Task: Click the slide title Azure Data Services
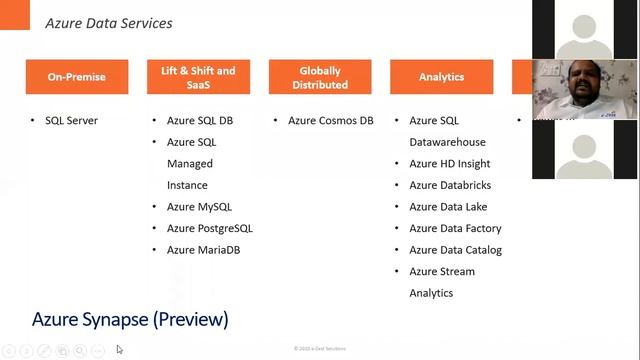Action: pyautogui.click(x=109, y=23)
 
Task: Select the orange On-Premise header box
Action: pyautogui.click(x=76, y=77)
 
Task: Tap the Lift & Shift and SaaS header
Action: pyautogui.click(x=198, y=77)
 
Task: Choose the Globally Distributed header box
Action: pyautogui.click(x=320, y=77)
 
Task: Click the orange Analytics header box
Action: pyautogui.click(x=441, y=77)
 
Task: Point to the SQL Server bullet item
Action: pyautogui.click(x=71, y=121)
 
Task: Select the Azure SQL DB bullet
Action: pyautogui.click(x=200, y=121)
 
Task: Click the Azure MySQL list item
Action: pyautogui.click(x=199, y=207)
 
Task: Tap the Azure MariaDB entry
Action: pyautogui.click(x=203, y=250)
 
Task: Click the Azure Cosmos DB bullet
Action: pyautogui.click(x=330, y=121)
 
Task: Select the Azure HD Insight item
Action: pyautogui.click(x=449, y=164)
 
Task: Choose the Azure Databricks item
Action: pyautogui.click(x=450, y=185)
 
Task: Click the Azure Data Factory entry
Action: pyautogui.click(x=455, y=228)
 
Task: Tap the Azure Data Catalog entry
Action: pyautogui.click(x=455, y=250)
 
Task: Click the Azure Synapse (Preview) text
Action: pyautogui.click(x=130, y=320)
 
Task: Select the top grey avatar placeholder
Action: pyautogui.click(x=585, y=30)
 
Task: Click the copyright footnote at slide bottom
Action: pyautogui.click(x=320, y=349)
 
